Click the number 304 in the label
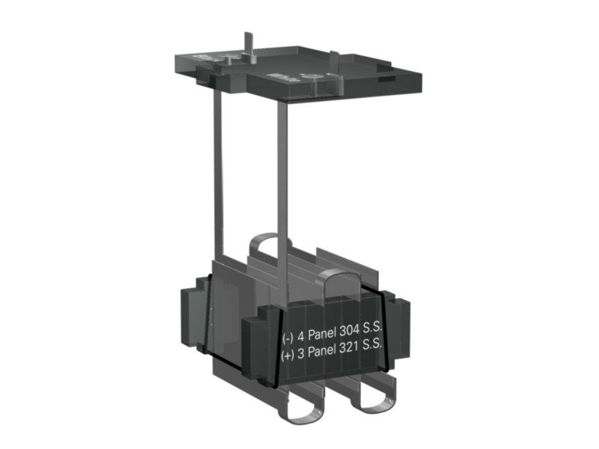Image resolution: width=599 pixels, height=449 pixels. (x=350, y=332)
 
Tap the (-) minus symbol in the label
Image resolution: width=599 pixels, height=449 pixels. (x=288, y=338)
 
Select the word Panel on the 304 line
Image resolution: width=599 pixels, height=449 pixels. (x=322, y=335)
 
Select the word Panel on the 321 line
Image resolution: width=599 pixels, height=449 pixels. (x=322, y=351)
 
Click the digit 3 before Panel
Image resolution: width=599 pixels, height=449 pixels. (x=301, y=354)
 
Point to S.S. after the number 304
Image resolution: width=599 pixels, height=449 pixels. (x=372, y=329)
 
